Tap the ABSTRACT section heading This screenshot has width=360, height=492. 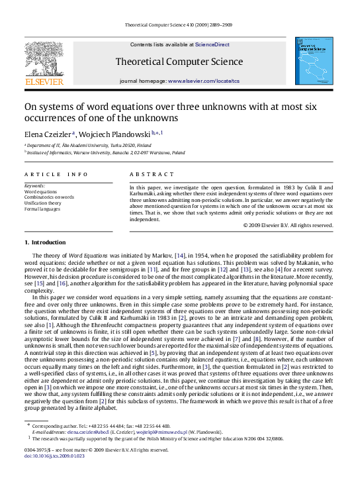pos(147,173)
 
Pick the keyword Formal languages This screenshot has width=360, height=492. pos(41,208)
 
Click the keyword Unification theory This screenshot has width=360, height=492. pos(42,203)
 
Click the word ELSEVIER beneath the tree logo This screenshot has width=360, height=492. pos(44,82)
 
